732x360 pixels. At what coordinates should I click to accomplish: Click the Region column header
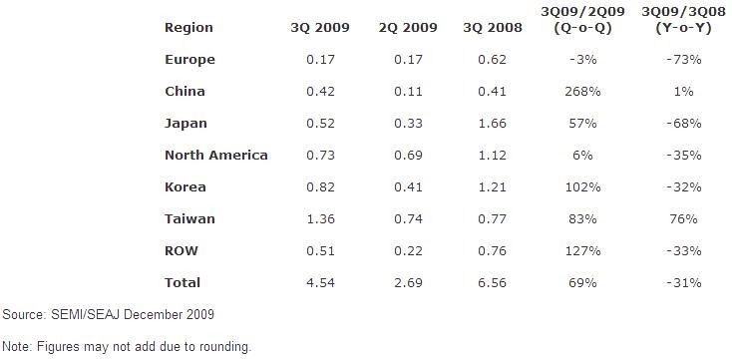[188, 28]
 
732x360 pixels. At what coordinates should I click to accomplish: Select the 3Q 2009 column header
[320, 28]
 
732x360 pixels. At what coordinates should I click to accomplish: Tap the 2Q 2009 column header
[408, 28]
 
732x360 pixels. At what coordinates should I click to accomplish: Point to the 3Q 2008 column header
[493, 28]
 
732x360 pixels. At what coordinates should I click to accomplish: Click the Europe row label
[190, 60]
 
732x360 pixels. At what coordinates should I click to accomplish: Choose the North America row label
[216, 155]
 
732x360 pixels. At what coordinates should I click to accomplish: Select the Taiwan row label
[189, 218]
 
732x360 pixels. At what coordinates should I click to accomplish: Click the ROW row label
[182, 250]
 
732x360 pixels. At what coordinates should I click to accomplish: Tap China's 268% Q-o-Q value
[582, 91]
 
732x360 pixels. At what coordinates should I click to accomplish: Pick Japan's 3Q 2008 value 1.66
[492, 124]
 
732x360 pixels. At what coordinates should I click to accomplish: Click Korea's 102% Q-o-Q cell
[582, 186]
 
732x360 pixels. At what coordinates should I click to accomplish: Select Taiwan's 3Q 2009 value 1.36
[320, 218]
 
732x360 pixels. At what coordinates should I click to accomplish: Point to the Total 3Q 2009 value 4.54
[320, 282]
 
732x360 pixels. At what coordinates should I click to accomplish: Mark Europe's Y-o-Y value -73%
[683, 59]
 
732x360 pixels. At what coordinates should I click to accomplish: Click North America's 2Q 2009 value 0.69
[408, 155]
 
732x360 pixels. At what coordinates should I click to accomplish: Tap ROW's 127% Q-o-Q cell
[582, 250]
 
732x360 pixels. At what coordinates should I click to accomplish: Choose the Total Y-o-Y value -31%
[683, 282]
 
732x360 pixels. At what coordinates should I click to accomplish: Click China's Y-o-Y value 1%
[683, 91]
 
